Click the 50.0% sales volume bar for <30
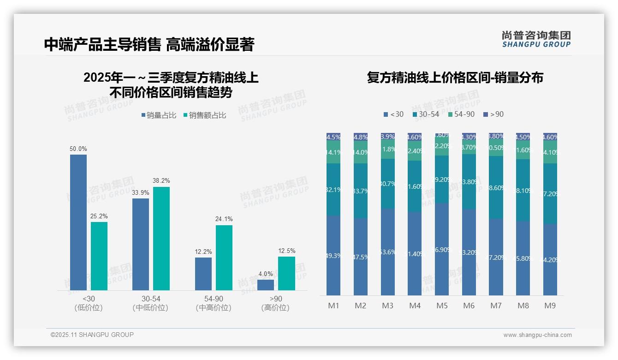tap(78, 222)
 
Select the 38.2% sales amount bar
tap(161, 239)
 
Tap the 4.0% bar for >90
tap(266, 285)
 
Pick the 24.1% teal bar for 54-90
tap(224, 258)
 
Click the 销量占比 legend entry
tap(159, 115)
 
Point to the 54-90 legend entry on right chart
tap(461, 114)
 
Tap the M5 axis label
tap(442, 306)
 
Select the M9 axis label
tap(550, 306)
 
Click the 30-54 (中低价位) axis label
tap(150, 303)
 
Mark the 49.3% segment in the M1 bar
tap(333, 255)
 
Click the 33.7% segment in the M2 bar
tap(361, 191)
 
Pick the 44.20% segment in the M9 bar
tap(550, 259)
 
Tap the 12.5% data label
tap(286, 251)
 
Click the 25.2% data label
tap(99, 216)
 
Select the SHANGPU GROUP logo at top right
tap(536, 39)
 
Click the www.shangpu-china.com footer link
tap(537, 335)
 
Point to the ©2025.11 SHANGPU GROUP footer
tap(92, 335)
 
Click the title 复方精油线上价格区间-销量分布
tap(455, 78)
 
